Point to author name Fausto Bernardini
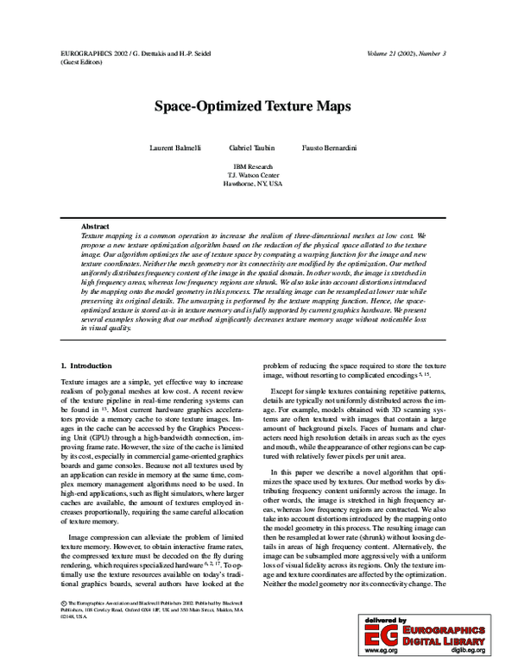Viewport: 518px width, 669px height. click(x=329, y=148)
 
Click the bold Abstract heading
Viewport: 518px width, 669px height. click(x=95, y=226)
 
